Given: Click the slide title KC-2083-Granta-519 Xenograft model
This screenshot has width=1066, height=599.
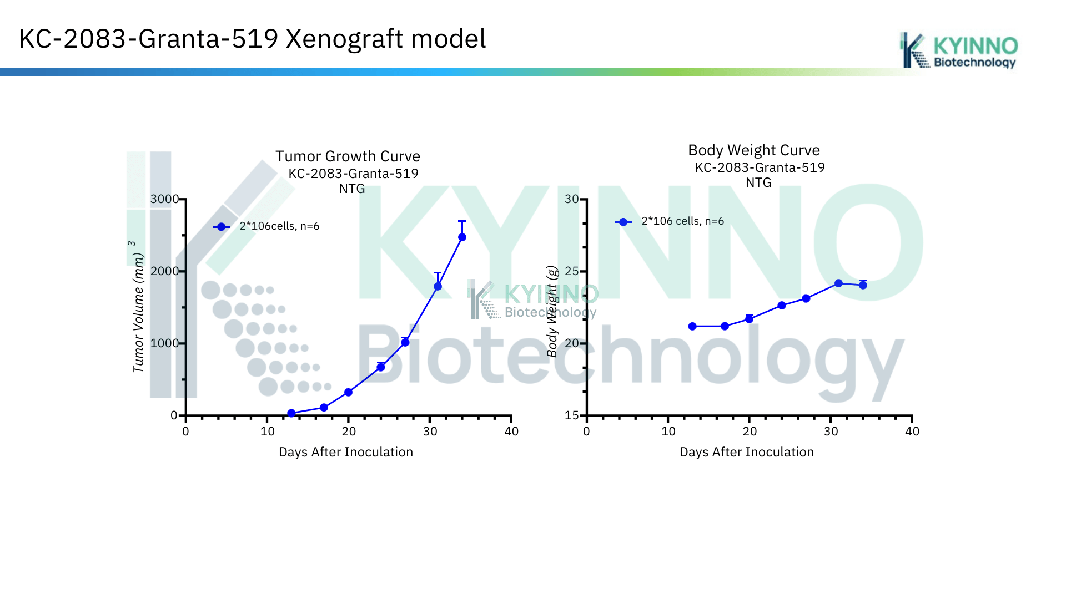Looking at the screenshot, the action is click(253, 39).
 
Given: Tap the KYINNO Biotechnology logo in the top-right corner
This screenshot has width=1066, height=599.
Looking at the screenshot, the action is click(959, 50).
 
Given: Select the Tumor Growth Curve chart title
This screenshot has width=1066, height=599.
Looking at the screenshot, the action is click(348, 156).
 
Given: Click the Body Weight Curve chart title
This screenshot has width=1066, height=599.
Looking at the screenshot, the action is click(754, 150).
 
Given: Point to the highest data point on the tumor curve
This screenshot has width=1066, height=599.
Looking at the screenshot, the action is click(462, 237).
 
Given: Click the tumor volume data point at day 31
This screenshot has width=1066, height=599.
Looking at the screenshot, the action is click(438, 286).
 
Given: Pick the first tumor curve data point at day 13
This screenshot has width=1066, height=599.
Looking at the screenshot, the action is click(291, 413).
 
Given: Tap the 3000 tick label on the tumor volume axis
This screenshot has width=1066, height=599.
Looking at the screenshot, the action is click(165, 199).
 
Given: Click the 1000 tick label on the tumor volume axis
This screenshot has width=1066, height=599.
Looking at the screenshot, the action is click(165, 343).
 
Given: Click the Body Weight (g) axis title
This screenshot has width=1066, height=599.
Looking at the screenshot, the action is click(552, 311).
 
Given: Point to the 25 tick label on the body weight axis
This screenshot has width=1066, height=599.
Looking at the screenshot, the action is click(572, 271).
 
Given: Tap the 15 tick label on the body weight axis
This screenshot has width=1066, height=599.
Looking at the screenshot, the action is click(572, 415).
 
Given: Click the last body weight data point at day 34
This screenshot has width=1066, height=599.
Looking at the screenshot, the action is click(863, 285).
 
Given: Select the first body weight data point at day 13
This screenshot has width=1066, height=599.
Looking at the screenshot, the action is click(692, 327).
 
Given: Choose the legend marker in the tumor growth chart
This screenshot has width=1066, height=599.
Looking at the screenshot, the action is click(222, 227).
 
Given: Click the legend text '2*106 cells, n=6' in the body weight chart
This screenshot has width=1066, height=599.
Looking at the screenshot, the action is click(683, 221).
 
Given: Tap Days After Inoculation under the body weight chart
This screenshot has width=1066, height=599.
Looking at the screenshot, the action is click(747, 452).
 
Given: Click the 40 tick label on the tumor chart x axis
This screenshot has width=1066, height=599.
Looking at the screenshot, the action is click(511, 432).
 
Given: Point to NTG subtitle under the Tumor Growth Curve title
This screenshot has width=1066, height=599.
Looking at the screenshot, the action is click(352, 189).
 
